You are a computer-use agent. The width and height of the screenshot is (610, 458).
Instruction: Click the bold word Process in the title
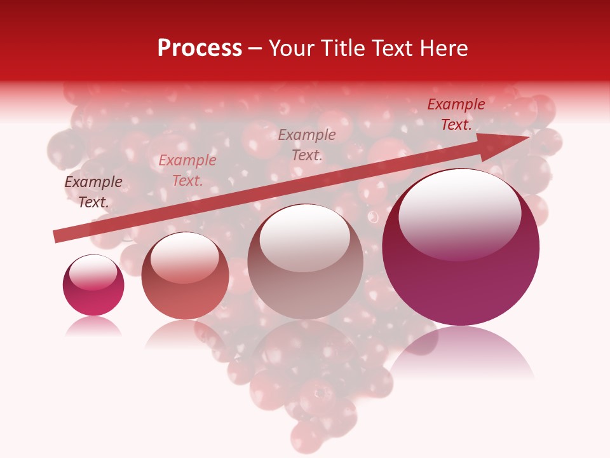pos(200,48)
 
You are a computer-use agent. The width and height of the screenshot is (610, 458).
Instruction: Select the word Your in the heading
pos(290,48)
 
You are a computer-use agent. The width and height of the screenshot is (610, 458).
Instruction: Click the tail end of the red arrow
pos(56,237)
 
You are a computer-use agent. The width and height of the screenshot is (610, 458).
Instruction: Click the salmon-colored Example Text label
pos(187,170)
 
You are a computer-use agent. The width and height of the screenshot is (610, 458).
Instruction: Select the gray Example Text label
pos(307,144)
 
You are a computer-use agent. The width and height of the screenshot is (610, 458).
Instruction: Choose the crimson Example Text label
pos(456,114)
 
